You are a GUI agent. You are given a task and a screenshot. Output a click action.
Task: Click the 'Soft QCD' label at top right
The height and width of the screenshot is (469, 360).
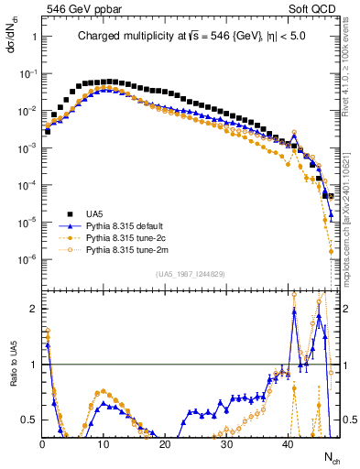[312, 7]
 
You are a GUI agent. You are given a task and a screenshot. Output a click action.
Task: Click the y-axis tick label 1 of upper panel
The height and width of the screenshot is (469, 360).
[33, 38]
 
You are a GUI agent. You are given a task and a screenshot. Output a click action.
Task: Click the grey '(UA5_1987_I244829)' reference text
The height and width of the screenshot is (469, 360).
[191, 274]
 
